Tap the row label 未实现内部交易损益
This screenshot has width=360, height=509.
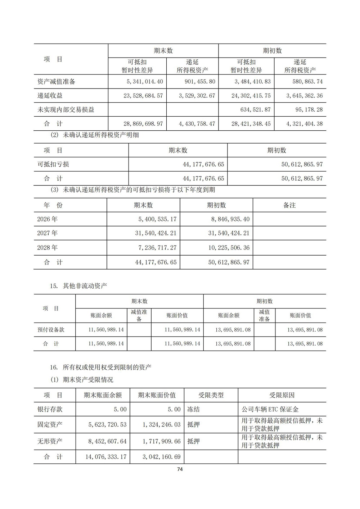pos(66,109)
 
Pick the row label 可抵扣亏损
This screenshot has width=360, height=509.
pos(53,165)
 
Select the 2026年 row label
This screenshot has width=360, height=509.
pos(48,219)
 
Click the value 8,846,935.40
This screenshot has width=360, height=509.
pos(229,219)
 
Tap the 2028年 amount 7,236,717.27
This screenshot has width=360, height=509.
pos(156,248)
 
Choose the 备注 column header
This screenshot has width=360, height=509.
pos(289,205)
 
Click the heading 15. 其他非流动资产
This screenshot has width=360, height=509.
pos(78,286)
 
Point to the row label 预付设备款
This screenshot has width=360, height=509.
pos(51,330)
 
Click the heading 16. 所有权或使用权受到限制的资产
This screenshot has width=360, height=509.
pos(101,368)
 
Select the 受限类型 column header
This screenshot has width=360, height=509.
pos(211,395)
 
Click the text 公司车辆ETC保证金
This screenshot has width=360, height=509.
pos(270,410)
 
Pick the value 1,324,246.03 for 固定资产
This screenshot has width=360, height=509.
pos(162,425)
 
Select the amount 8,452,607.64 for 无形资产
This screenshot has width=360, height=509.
pos(107,441)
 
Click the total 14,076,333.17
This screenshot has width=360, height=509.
pos(107,457)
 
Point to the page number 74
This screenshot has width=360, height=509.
pos(180,469)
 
